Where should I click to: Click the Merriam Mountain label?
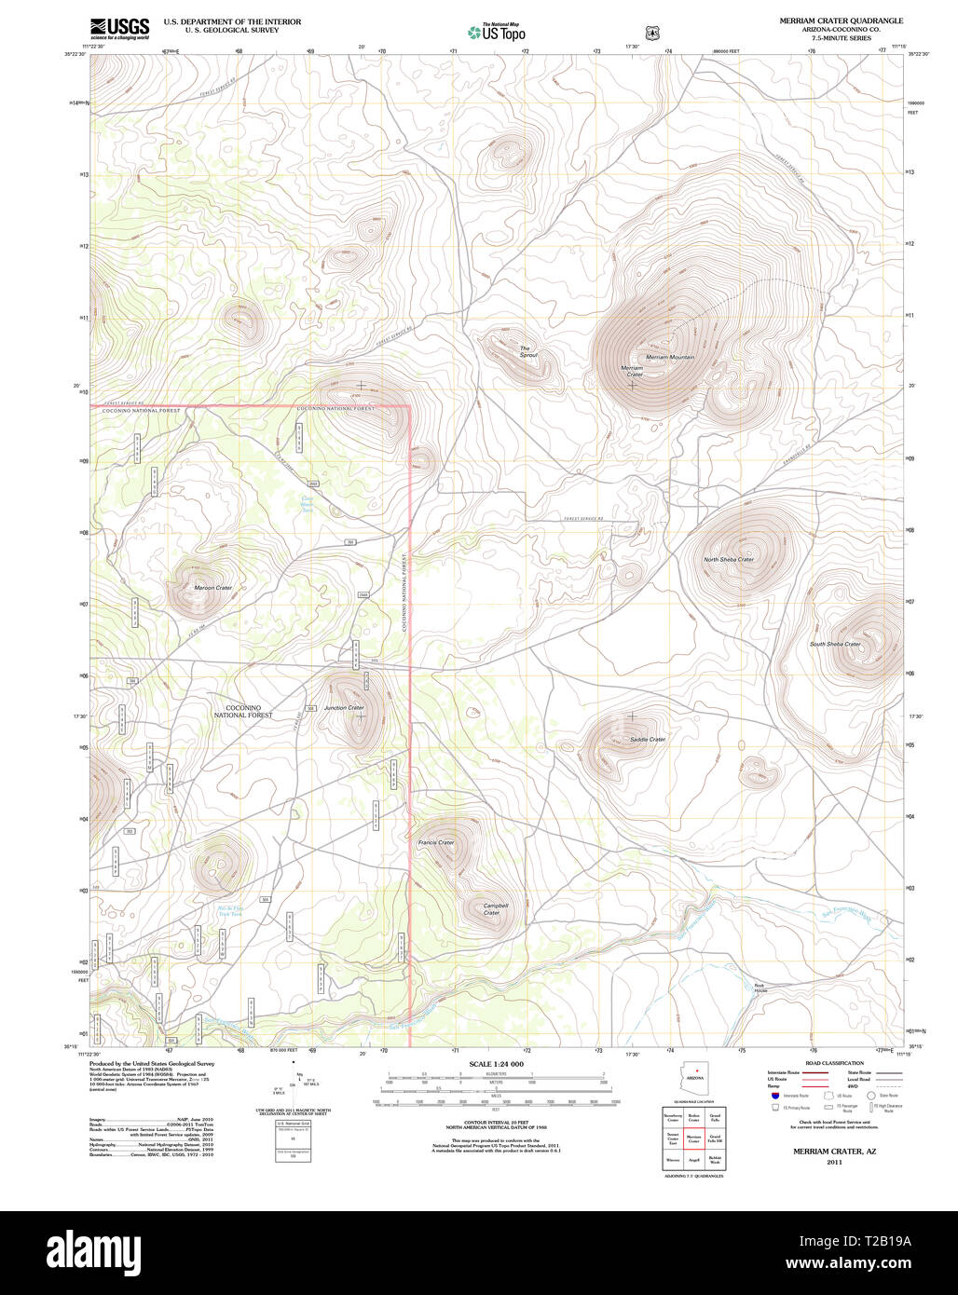pos(670,357)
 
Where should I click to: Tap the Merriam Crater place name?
pos(632,371)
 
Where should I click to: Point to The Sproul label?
pos(528,352)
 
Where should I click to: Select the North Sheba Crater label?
pos(728,559)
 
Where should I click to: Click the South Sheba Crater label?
pos(835,644)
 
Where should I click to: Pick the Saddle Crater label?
pos(648,739)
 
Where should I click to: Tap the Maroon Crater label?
pos(212,588)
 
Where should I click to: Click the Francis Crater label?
pos(436,842)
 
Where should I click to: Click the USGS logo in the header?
pos(119,28)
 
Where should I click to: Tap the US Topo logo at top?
pos(496,32)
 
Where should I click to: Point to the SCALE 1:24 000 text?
pos(496,1064)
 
